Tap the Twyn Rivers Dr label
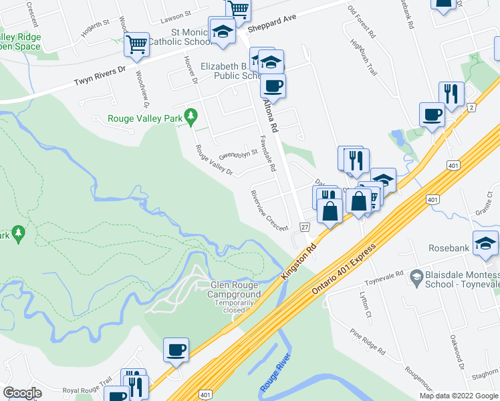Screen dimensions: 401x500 coord(100,78)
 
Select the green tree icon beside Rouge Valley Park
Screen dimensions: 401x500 coord(191,116)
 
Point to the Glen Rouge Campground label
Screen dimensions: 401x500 coord(235,289)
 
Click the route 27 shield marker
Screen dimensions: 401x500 coord(304,227)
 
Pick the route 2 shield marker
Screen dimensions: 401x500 coord(471,107)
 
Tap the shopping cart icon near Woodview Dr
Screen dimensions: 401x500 coord(137,43)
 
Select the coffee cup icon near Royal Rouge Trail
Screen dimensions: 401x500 coord(176,349)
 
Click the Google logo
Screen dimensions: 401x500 coord(23,393)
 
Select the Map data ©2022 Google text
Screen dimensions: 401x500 coord(459,396)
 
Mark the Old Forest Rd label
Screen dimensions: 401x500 coord(363,22)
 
